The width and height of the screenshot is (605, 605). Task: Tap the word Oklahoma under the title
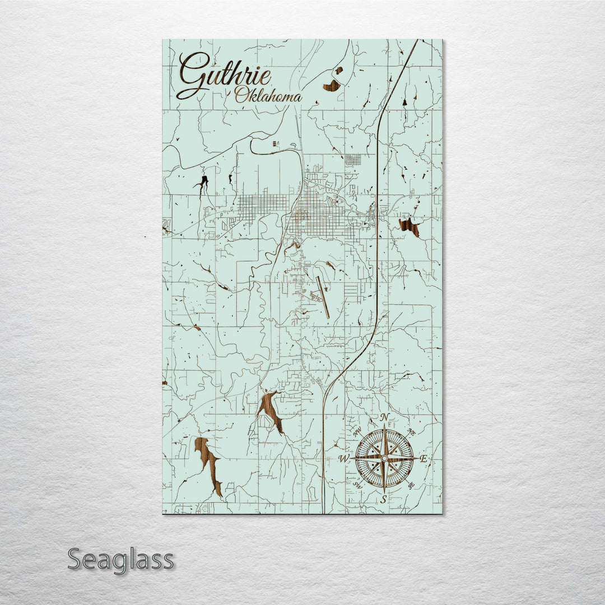[x=268, y=96]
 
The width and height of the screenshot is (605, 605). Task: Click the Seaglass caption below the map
[x=120, y=560]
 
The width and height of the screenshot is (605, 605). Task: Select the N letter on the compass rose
[x=384, y=417]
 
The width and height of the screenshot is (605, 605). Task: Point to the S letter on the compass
[x=384, y=499]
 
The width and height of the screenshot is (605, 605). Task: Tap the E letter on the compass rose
[x=424, y=459]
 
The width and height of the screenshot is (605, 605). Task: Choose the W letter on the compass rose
[x=343, y=459]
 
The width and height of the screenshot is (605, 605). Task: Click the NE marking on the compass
[x=411, y=432]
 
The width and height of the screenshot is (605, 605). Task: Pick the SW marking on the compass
[x=357, y=485]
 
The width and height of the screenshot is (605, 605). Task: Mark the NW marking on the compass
[x=357, y=432]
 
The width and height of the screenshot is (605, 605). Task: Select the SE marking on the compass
[x=411, y=485]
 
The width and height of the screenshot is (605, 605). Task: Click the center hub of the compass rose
[x=384, y=458]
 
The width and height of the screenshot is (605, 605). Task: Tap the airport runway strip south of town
[x=322, y=297]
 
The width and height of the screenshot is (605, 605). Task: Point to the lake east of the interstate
[x=409, y=227]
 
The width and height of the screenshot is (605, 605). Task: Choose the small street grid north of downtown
[x=353, y=160]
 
